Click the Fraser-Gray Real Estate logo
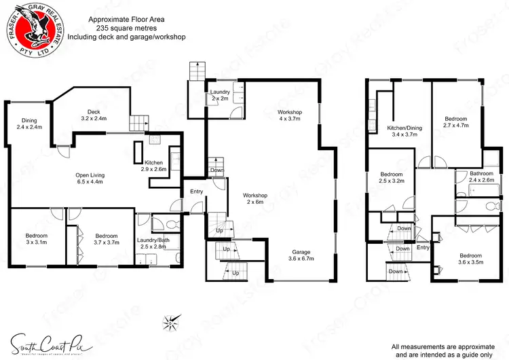(x=33, y=30)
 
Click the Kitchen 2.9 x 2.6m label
(x=154, y=165)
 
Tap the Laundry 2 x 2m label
(x=220, y=94)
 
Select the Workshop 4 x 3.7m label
(x=290, y=115)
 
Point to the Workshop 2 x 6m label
(x=254, y=198)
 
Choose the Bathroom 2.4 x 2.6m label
(x=481, y=177)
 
